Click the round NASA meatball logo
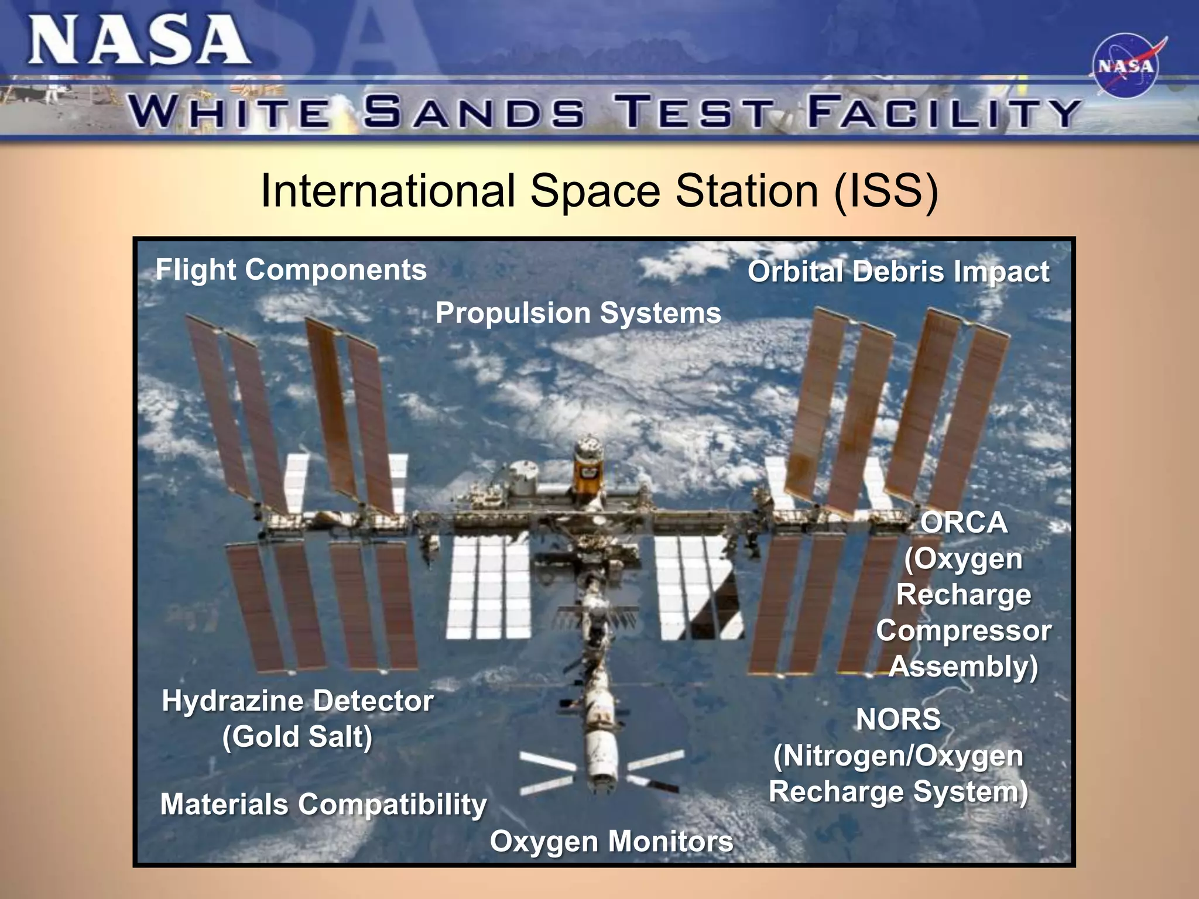[1125, 66]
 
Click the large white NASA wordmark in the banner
[139, 41]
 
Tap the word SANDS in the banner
[474, 112]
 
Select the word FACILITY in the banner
[944, 112]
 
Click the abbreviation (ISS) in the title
[886, 191]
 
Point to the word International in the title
[388, 191]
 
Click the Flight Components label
[291, 270]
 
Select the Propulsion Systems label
[578, 313]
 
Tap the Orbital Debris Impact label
[898, 272]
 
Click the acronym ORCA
[964, 523]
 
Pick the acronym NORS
[898, 719]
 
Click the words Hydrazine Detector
[297, 701]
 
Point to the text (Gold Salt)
[297, 736]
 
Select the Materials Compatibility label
[323, 804]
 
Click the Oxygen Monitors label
[611, 842]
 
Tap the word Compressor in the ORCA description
[964, 631]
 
